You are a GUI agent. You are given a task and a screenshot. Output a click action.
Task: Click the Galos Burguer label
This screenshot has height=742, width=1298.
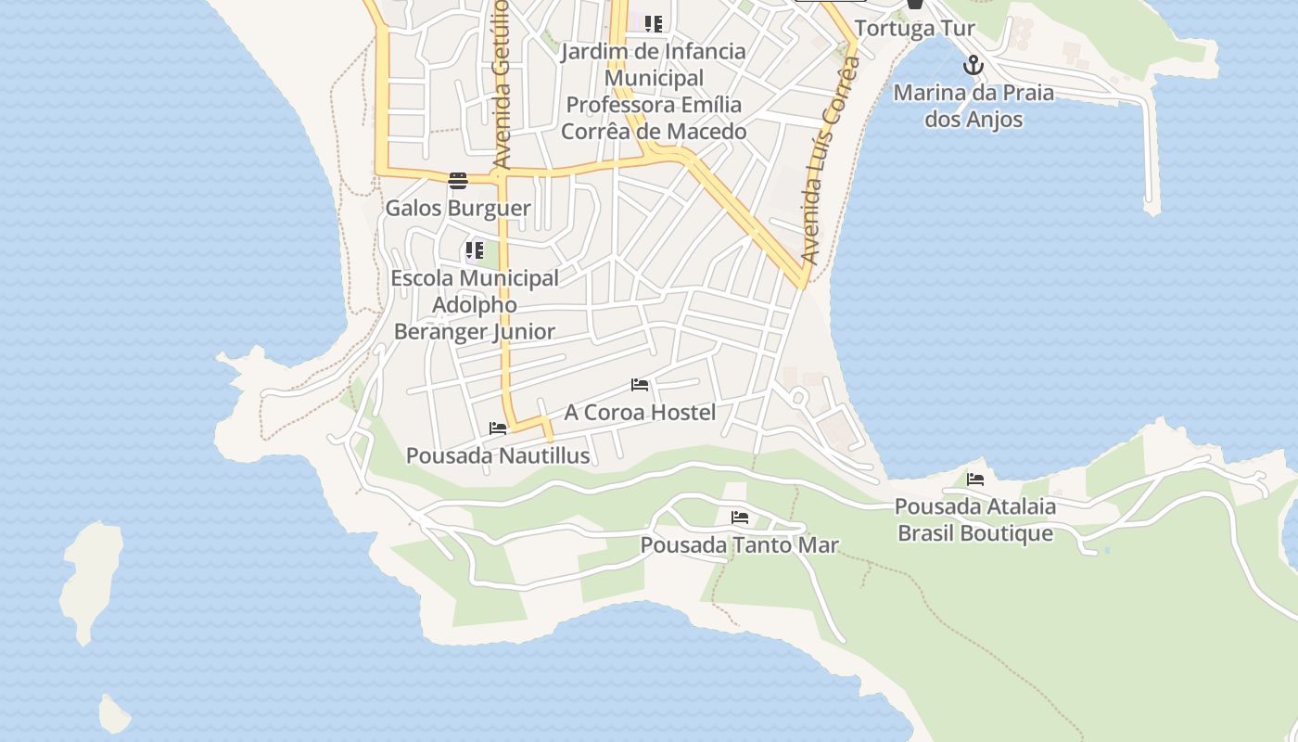click(458, 208)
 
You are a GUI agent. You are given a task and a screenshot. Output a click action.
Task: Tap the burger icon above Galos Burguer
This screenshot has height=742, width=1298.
click(458, 181)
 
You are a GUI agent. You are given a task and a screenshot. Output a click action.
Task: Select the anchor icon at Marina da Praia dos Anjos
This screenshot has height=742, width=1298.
click(973, 66)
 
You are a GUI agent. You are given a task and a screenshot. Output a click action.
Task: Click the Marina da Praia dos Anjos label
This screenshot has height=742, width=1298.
click(973, 106)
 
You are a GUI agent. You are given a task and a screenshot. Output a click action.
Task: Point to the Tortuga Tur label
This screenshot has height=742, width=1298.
click(914, 28)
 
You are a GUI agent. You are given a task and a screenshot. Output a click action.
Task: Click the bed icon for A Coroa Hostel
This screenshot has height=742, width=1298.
click(640, 384)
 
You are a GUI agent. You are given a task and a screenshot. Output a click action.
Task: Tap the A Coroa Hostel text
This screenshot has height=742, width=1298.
click(640, 412)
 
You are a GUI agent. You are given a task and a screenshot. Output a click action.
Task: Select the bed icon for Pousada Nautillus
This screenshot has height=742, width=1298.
click(498, 429)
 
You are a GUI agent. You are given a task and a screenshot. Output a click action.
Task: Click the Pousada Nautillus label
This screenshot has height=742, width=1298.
click(498, 455)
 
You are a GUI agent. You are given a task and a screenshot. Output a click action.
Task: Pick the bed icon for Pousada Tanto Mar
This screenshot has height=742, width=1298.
click(739, 518)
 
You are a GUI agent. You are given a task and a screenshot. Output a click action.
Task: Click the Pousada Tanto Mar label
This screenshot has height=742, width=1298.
click(739, 545)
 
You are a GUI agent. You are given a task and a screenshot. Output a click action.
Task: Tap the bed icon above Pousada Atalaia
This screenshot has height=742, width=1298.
click(975, 480)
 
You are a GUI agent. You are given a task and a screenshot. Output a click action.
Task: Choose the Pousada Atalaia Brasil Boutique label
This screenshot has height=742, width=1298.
click(975, 520)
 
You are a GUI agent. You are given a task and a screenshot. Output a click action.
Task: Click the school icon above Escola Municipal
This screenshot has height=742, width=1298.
click(475, 250)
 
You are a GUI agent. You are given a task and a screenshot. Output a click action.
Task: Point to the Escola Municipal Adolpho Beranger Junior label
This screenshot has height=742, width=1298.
click(475, 304)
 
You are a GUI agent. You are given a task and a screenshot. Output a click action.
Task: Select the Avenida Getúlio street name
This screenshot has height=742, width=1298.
click(501, 83)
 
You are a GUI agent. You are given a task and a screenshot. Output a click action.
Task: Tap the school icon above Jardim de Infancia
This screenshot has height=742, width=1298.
click(654, 24)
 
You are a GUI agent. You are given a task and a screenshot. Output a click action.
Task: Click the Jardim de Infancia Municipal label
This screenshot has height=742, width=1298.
click(654, 91)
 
